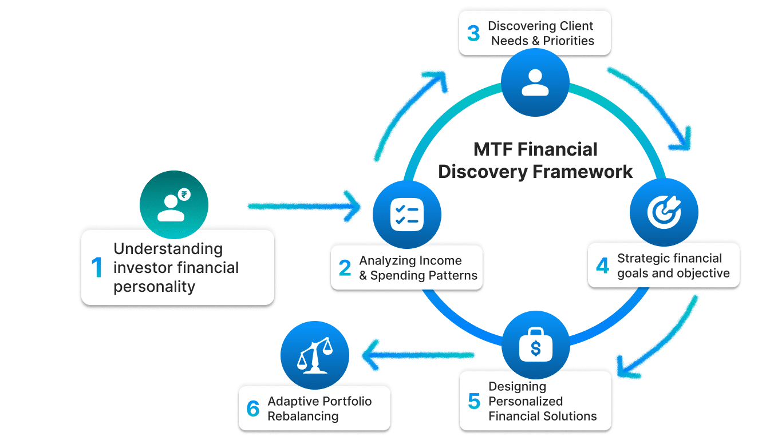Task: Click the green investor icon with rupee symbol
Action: coord(174,205)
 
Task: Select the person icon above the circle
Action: coord(535,82)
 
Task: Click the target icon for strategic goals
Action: coord(664,212)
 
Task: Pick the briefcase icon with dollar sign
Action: coord(535,344)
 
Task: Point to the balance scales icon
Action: coord(314,355)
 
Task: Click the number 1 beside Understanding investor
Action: coord(97,268)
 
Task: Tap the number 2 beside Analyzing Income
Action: coord(345,268)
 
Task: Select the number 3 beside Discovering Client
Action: coord(473,34)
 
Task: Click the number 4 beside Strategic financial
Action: coord(602,265)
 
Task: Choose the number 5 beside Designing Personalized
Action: coord(473,402)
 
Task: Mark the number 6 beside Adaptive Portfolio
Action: coord(253,409)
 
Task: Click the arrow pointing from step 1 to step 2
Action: coord(303,205)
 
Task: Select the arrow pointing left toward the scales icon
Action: coord(418,355)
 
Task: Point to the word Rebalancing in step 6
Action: coord(303,416)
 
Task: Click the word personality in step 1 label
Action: coord(155,287)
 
